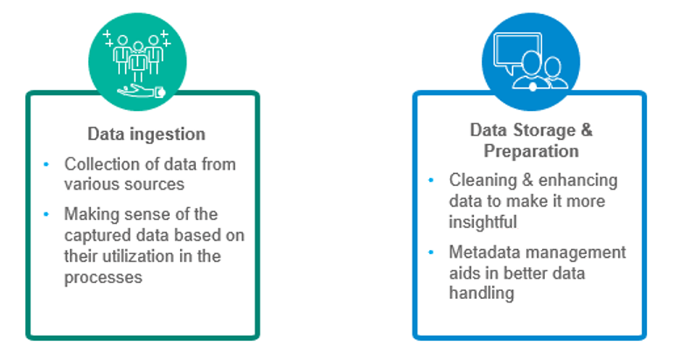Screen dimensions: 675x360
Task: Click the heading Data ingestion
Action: tap(146, 134)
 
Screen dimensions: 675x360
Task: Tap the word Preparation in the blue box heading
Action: tap(531, 151)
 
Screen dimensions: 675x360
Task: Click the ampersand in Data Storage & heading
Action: tap(586, 130)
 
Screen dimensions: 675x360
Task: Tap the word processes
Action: tap(103, 278)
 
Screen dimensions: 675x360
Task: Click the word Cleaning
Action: tap(482, 180)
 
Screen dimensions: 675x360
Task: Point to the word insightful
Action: tap(482, 222)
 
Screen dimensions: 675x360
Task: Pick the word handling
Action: tap(481, 293)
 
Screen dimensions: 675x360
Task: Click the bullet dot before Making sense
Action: tap(46, 214)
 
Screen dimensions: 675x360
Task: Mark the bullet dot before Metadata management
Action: tap(431, 253)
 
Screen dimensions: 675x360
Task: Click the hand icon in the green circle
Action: tap(141, 91)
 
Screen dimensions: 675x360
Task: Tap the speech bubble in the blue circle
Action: tap(517, 50)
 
